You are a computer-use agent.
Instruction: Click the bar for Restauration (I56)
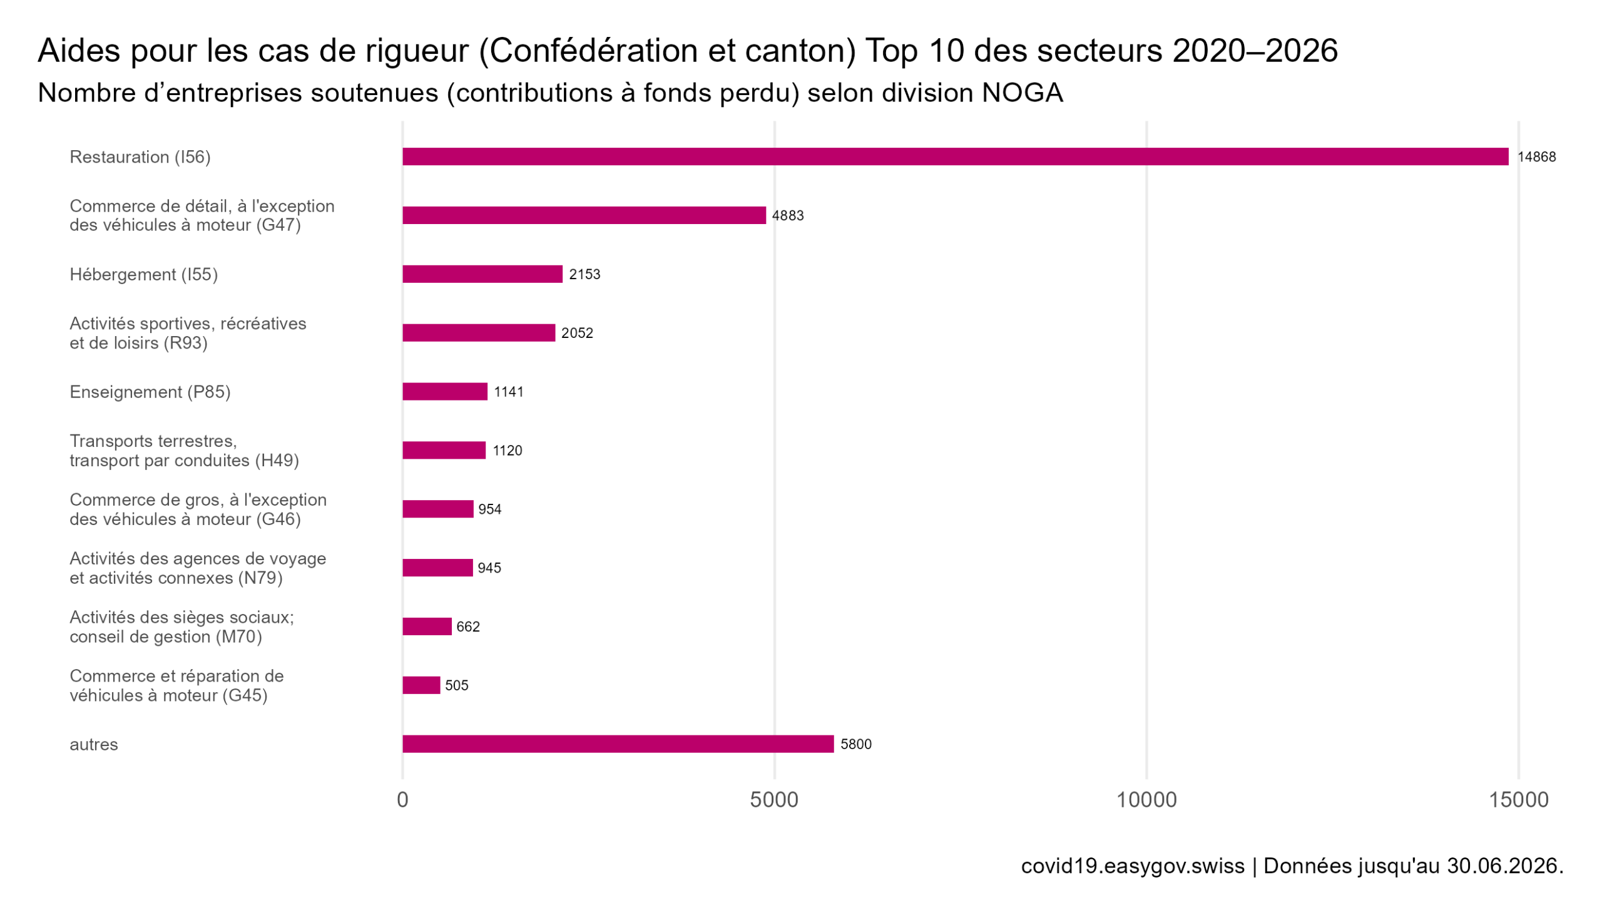(x=955, y=156)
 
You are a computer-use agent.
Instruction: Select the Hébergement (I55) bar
(x=482, y=274)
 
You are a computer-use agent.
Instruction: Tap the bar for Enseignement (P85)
(x=445, y=392)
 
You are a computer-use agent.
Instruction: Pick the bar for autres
(x=618, y=744)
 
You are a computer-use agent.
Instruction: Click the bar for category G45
(x=422, y=685)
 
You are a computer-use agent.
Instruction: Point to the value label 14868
(x=1537, y=157)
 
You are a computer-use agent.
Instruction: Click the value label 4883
(x=788, y=215)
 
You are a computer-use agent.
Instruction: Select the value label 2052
(x=578, y=333)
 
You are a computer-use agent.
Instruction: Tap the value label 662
(x=468, y=626)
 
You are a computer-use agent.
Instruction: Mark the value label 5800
(x=855, y=744)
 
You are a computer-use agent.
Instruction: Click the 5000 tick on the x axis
(x=774, y=800)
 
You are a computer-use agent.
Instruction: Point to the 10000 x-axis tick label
(x=1146, y=800)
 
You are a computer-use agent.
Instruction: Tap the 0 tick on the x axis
(x=403, y=800)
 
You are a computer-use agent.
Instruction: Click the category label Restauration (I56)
(x=140, y=157)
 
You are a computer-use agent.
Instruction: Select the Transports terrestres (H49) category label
(x=184, y=451)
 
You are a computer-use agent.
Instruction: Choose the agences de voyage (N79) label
(x=198, y=568)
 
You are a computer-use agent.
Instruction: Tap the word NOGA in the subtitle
(x=1022, y=93)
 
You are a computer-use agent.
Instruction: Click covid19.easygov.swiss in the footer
(x=1133, y=866)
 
